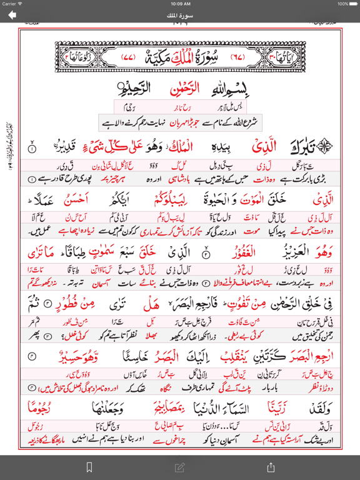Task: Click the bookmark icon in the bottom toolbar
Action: pyautogui.click(x=89, y=467)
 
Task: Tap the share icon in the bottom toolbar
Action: pyautogui.click(x=271, y=467)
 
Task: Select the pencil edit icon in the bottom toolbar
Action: pyautogui.click(x=180, y=467)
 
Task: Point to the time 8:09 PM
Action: pyautogui.click(x=180, y=3)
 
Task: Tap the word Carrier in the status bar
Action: pyautogui.click(x=9, y=3)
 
